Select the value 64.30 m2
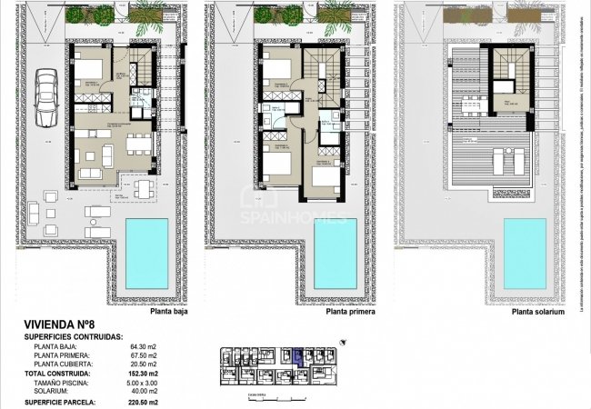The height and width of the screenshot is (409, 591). coord(144,346)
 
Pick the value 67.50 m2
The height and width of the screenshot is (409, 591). coord(144,355)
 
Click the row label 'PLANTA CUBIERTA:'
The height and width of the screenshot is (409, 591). coord(66,364)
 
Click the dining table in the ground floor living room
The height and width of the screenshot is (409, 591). coord(136,144)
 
